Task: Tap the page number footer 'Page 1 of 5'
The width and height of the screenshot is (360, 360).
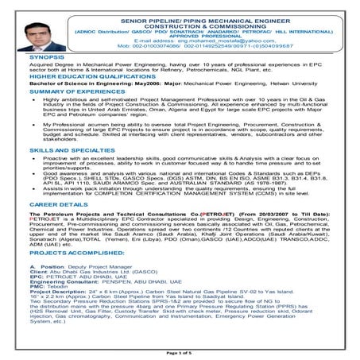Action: click(179, 350)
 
